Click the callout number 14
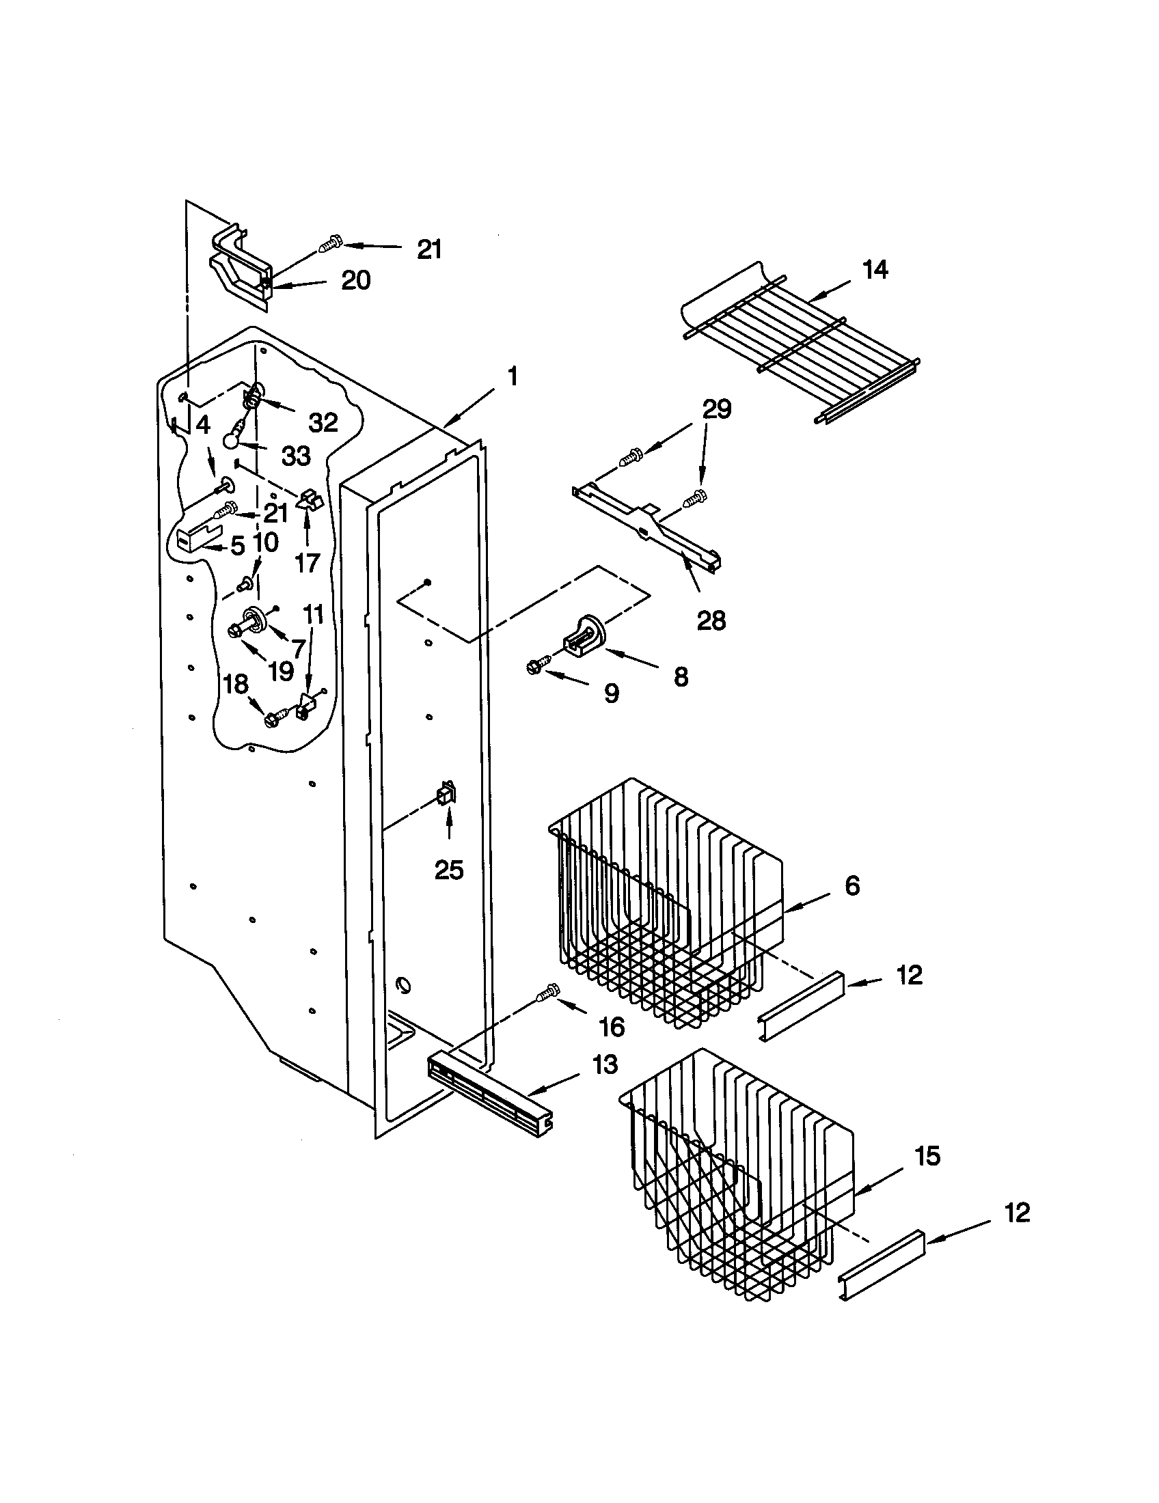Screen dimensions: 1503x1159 coord(875,270)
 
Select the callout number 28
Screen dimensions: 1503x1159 coord(711,621)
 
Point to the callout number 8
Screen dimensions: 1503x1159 coord(681,677)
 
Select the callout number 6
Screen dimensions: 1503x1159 coord(852,885)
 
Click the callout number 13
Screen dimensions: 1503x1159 coord(605,1064)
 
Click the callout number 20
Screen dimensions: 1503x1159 coord(356,280)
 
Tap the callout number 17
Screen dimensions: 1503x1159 coord(308,563)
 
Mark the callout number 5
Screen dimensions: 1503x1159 coord(237,547)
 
